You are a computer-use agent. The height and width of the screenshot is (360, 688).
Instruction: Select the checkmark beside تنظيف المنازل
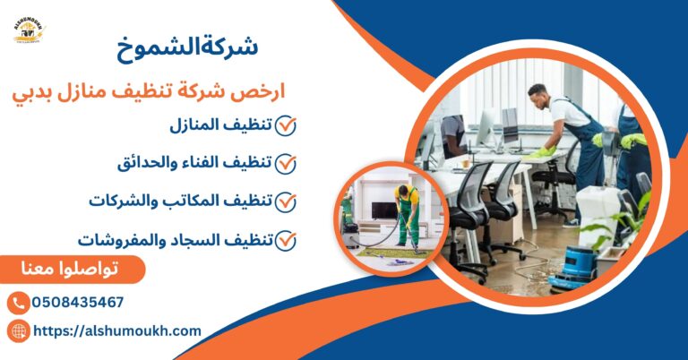tap(286, 125)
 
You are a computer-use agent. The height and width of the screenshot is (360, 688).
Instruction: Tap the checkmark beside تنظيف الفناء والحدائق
tap(286, 164)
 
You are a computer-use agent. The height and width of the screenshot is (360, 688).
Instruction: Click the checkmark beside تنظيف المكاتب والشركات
tap(286, 201)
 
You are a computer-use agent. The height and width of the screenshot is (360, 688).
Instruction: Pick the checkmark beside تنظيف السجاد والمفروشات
tap(286, 240)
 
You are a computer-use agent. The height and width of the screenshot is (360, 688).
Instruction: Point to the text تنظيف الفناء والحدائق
tap(195, 164)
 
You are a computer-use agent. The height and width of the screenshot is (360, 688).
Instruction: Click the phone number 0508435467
tap(78, 303)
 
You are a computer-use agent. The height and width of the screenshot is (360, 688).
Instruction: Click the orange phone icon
tap(18, 303)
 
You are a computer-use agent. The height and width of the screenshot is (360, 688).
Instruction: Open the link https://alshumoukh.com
tap(117, 331)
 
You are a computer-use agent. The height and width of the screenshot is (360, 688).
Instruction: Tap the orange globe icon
tap(18, 331)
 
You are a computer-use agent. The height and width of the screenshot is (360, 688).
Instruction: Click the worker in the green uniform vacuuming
tap(408, 215)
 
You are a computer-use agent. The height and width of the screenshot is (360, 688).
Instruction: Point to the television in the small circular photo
tap(383, 210)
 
